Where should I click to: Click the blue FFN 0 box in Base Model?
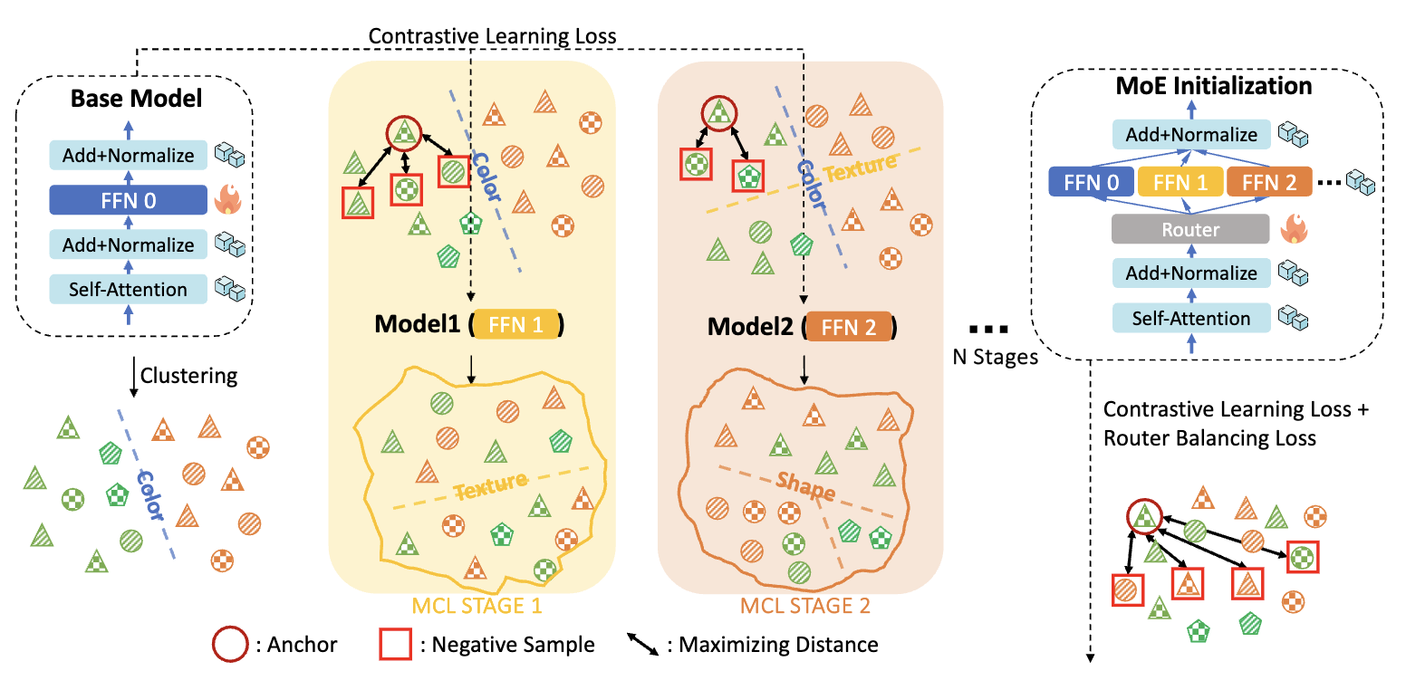(x=128, y=200)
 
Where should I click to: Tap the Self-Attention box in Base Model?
(x=128, y=290)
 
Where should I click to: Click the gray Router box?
(x=1190, y=230)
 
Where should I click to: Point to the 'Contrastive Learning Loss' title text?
(x=493, y=37)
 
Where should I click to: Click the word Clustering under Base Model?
(x=188, y=376)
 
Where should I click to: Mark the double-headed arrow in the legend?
(x=642, y=645)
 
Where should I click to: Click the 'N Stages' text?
(x=995, y=356)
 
